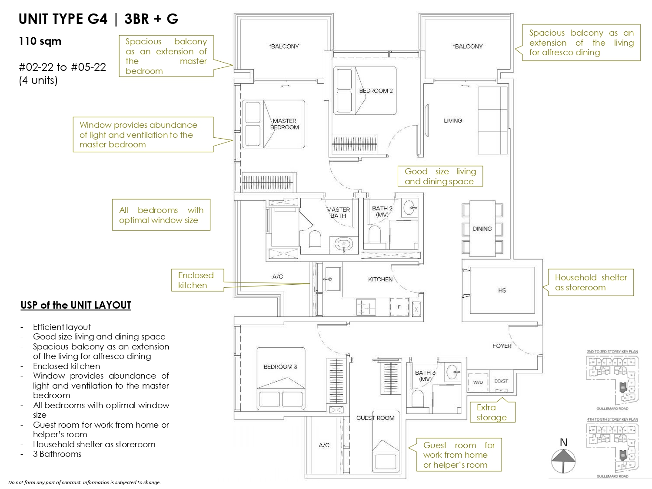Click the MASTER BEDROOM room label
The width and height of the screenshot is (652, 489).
coord(285,124)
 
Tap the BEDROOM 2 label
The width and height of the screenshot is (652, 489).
coord(376,91)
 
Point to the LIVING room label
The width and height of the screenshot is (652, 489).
coord(453,120)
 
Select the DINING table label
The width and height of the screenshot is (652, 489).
coord(482,229)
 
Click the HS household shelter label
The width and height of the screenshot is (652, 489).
coord(502,290)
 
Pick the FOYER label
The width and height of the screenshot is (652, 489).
coord(502,346)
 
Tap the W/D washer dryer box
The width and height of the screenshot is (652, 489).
coord(478,383)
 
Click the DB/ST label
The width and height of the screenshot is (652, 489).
coord(501,381)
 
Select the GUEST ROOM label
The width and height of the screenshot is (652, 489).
coord(375,418)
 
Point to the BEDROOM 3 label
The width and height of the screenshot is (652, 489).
coord(280,367)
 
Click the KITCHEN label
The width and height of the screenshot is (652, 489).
coord(380,279)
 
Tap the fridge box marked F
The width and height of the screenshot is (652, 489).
coord(399,307)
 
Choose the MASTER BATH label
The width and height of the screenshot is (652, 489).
coord(338,213)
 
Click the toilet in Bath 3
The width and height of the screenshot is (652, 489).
coord(417,398)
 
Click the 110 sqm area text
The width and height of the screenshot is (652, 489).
coord(40,42)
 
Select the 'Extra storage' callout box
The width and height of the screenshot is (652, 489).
coord(492,412)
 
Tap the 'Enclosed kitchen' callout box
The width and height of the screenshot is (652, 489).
coord(196,280)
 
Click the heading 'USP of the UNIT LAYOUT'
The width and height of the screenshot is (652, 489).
coord(76,305)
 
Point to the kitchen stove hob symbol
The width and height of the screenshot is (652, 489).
coord(366,307)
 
